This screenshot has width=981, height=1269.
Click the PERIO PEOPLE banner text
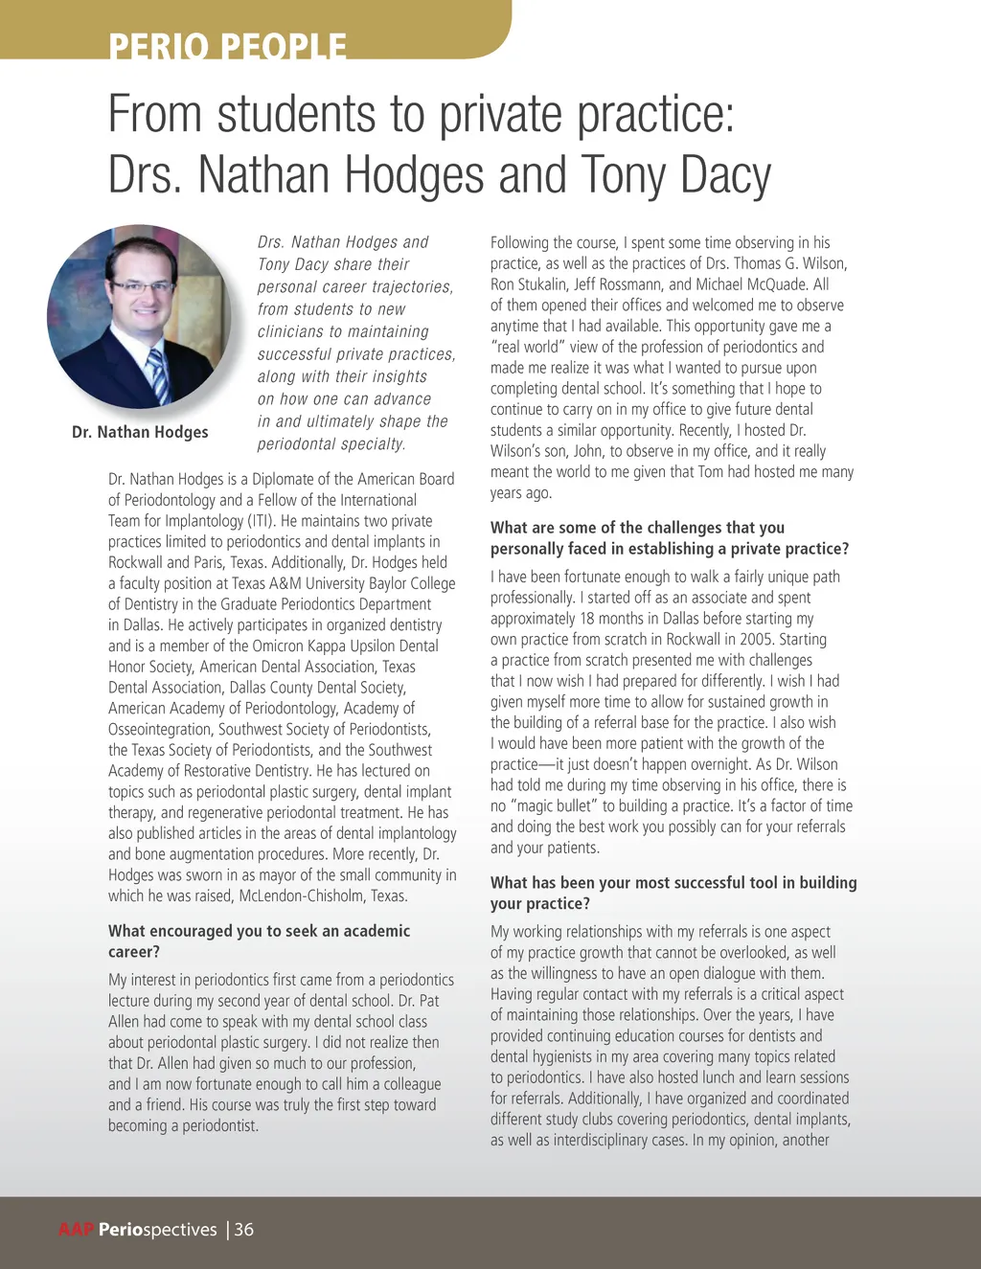227,45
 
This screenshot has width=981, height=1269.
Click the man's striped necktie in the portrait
159,374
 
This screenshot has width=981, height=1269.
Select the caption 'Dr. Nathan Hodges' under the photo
140,432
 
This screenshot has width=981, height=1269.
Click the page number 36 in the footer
244,1230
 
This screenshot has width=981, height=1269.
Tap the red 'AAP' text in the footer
76,1230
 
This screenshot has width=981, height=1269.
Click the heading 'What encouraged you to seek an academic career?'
259,941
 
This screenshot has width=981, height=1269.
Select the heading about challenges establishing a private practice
669,538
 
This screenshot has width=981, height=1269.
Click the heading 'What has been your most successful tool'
673,893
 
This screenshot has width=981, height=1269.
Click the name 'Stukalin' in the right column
543,284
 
